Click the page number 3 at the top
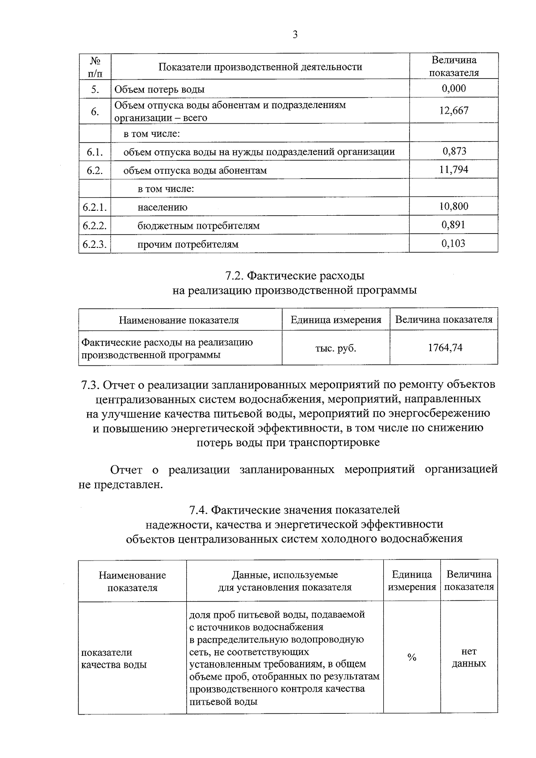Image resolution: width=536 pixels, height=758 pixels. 295,35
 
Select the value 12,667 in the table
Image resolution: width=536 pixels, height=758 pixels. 454,111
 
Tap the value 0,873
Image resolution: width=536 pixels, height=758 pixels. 454,151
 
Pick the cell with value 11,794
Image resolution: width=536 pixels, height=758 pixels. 454,169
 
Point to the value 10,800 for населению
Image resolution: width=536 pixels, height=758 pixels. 454,206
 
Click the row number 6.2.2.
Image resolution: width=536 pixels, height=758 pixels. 95,226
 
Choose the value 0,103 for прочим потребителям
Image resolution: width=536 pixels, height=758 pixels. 454,243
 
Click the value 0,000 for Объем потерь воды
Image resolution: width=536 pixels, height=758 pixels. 454,88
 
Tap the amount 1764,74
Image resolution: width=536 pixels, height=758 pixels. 445,348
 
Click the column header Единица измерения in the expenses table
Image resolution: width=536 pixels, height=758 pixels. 336,320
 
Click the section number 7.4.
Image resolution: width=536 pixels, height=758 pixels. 198,510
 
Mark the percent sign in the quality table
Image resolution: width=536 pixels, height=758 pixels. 412,657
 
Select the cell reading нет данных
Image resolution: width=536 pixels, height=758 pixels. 469,657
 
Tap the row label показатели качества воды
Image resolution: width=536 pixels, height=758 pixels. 114,658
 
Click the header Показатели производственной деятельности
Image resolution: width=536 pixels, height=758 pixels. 260,67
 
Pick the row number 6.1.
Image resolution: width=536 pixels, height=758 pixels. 95,152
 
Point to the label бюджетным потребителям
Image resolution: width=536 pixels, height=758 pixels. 198,226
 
